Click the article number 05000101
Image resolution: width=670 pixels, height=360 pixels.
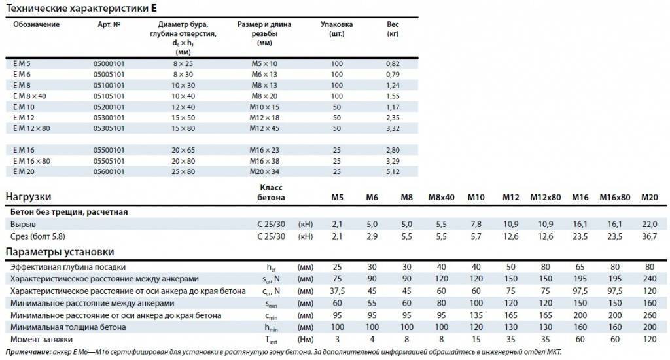109,63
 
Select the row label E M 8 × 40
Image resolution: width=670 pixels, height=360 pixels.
29,96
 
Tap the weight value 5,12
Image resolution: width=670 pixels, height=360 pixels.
393,172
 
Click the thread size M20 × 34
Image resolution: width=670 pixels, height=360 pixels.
264,172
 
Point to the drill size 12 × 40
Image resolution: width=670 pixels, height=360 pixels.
183,107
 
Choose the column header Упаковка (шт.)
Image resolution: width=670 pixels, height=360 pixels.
337,29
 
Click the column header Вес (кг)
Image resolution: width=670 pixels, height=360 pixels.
393,29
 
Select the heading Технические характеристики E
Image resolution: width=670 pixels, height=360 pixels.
82,8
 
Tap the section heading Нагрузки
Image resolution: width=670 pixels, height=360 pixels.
28,197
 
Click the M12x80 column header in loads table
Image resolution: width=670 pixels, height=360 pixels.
546,198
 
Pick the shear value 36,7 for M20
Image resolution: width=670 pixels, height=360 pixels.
650,236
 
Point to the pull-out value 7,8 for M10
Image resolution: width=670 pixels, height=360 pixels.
476,225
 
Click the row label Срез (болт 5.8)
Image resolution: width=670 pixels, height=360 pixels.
37,236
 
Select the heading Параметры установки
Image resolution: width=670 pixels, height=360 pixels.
60,252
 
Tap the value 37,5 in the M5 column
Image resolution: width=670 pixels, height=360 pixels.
337,291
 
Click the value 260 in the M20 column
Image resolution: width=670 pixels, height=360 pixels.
650,315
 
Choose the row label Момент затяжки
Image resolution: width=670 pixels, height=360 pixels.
41,340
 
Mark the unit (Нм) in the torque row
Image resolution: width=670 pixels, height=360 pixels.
306,340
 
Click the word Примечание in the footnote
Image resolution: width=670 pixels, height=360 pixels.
28,352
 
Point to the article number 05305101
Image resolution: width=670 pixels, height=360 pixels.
109,128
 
